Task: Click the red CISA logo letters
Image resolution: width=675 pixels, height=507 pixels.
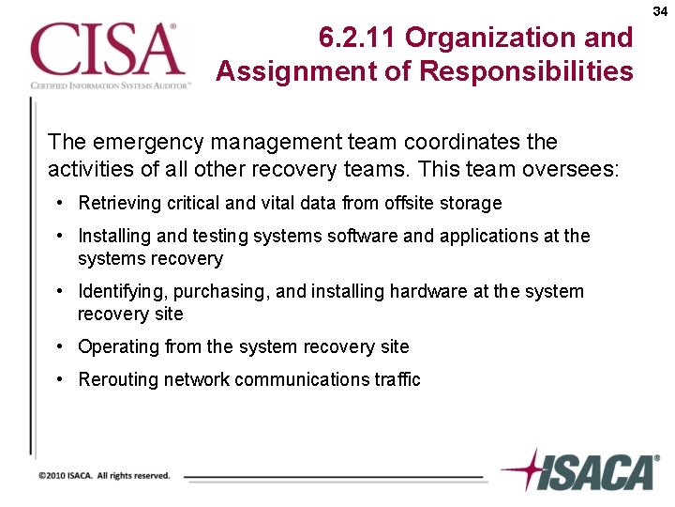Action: click(x=106, y=51)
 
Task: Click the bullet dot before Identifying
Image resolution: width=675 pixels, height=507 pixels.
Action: click(x=59, y=292)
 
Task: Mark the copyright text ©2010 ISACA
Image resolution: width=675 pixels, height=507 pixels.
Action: click(x=104, y=476)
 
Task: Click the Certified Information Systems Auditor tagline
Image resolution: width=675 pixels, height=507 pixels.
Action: click(x=110, y=85)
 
